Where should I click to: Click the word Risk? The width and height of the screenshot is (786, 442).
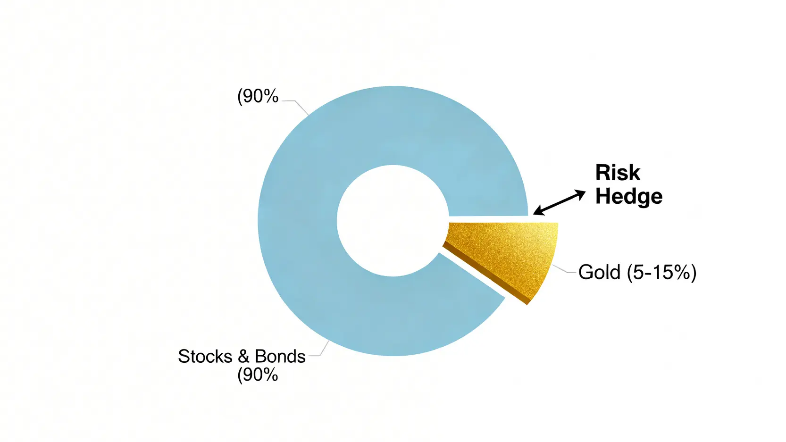(618, 173)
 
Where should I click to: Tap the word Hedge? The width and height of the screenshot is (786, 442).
(629, 196)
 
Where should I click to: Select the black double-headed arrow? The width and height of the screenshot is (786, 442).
(560, 202)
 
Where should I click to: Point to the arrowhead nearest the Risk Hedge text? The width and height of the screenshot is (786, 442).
(580, 193)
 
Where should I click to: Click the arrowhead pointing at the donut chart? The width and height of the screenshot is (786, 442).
(539, 211)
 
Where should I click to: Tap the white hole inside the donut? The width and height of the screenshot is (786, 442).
(393, 221)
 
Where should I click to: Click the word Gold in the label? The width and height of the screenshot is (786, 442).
(599, 272)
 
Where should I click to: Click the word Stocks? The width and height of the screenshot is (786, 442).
(205, 357)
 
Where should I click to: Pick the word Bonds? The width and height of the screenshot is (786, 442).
(280, 357)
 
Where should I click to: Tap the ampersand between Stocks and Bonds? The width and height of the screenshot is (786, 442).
(243, 357)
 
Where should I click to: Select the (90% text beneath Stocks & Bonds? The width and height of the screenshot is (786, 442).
(258, 375)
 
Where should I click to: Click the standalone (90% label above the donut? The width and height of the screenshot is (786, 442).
(258, 96)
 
